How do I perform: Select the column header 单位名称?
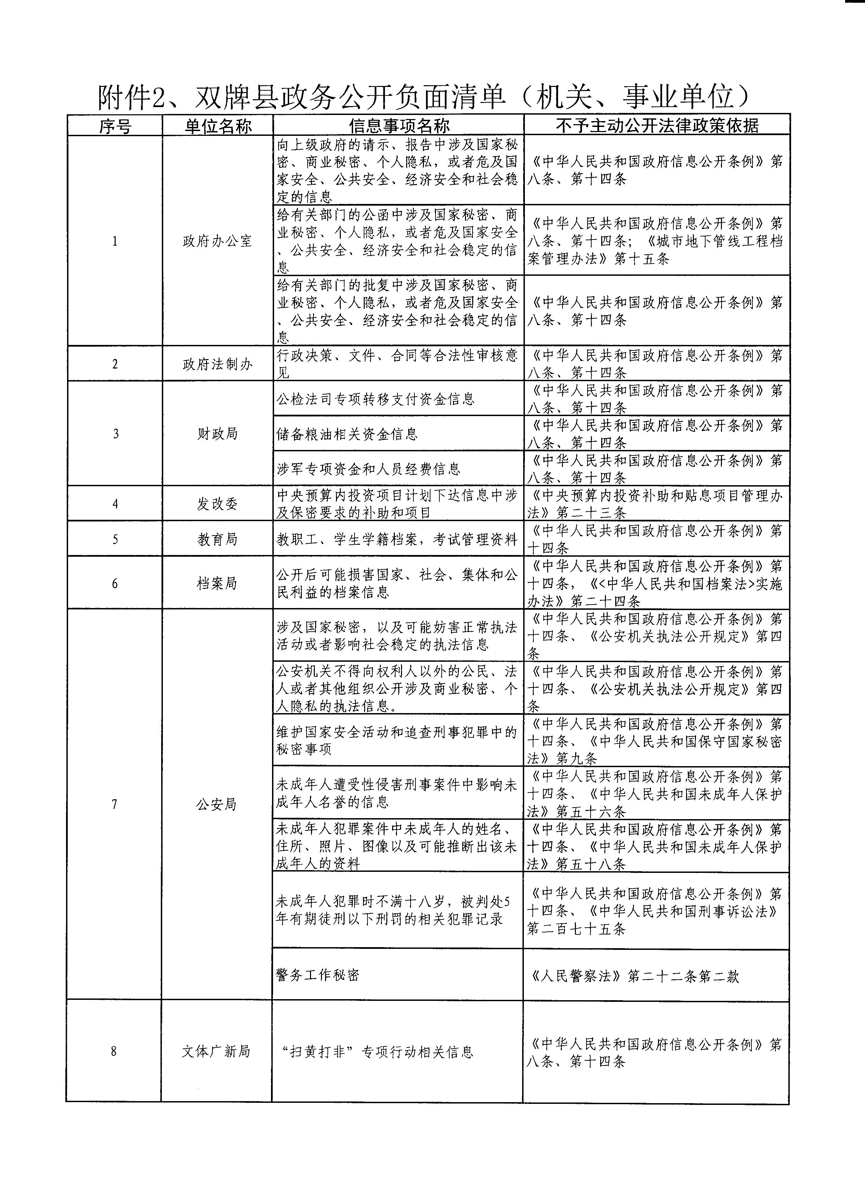click(217, 126)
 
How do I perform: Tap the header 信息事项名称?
click(398, 126)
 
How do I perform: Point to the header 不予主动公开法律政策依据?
click(657, 126)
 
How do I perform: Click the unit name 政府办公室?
click(217, 241)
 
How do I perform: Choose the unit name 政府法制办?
click(217, 364)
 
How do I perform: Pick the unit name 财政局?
click(217, 434)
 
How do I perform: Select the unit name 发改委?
click(217, 504)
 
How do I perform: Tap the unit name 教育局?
click(217, 539)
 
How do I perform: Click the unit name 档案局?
click(217, 584)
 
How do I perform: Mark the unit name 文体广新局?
click(216, 1051)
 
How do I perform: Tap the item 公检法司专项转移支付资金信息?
click(376, 399)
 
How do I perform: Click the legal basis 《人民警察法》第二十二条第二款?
click(633, 976)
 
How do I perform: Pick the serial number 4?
click(115, 504)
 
